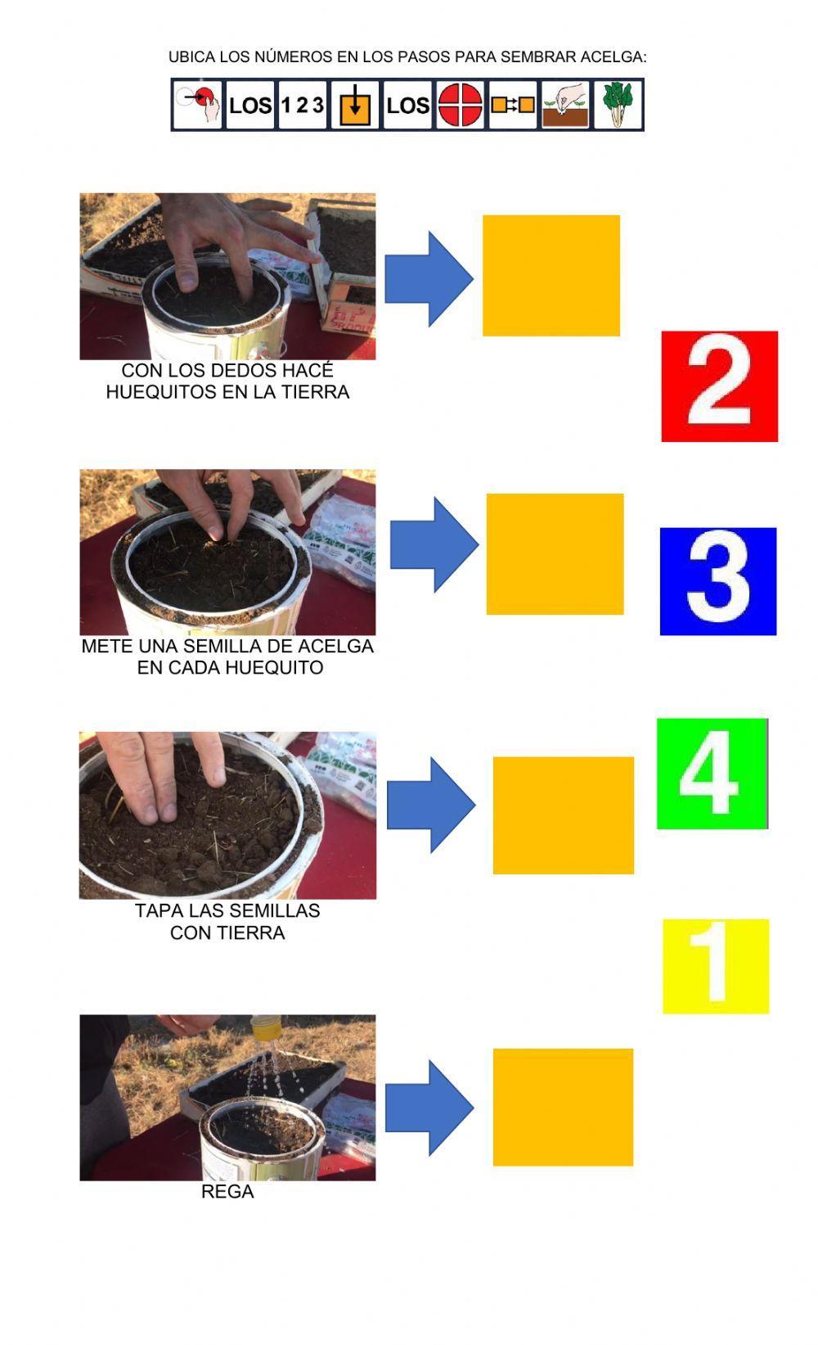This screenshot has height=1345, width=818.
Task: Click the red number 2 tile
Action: pyautogui.click(x=719, y=386)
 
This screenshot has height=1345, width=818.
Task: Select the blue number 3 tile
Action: pyautogui.click(x=717, y=581)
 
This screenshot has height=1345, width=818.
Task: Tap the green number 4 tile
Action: pyautogui.click(x=712, y=774)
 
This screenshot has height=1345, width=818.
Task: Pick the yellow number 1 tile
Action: pyautogui.click(x=715, y=966)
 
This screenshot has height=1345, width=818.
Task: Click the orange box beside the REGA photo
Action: pyautogui.click(x=563, y=1107)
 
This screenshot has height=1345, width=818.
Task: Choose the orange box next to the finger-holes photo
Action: pyautogui.click(x=551, y=276)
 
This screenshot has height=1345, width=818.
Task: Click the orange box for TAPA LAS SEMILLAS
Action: pyautogui.click(x=563, y=815)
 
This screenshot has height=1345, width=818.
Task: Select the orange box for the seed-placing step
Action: pyautogui.click(x=555, y=554)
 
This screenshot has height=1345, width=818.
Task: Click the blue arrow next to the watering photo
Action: pyautogui.click(x=429, y=1108)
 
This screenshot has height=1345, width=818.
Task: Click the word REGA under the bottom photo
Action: pyautogui.click(x=227, y=1192)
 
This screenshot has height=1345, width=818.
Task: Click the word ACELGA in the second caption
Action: pyautogui.click(x=335, y=646)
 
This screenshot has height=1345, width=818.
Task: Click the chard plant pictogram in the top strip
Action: pyautogui.click(x=618, y=105)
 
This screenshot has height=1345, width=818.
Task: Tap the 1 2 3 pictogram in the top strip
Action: pyautogui.click(x=302, y=105)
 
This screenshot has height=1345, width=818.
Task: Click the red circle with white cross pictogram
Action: pyautogui.click(x=460, y=105)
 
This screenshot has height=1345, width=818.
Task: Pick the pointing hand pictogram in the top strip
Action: pyautogui.click(x=198, y=105)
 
